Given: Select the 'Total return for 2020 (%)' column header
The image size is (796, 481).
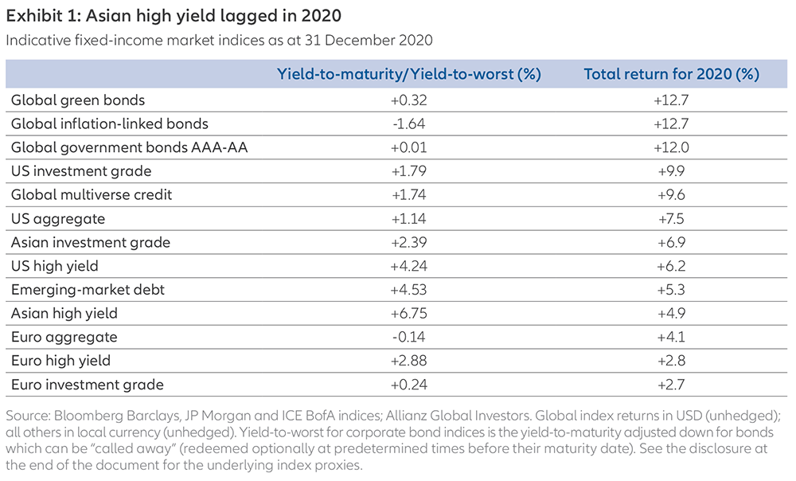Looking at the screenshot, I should (672, 74).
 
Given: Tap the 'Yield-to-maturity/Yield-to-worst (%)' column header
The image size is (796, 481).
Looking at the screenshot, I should (409, 74).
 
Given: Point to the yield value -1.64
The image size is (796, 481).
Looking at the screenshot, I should (409, 123).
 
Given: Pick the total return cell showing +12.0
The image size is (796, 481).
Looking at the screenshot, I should (672, 147).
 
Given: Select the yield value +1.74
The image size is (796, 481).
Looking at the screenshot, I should (409, 195).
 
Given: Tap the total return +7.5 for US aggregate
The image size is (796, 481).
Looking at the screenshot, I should (672, 218).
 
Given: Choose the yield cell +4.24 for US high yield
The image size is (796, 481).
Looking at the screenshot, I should (409, 266).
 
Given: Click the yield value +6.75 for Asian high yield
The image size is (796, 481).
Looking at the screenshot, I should (409, 313).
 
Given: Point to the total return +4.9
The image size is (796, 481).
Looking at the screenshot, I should (672, 313).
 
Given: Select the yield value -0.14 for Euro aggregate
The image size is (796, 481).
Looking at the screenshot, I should (409, 337).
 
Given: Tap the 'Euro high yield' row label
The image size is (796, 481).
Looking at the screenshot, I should (56, 361).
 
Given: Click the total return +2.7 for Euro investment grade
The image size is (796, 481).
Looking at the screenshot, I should (672, 385).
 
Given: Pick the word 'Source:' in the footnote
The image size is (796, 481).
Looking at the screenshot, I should (29, 414).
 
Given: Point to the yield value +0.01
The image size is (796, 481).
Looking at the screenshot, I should (409, 147).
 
